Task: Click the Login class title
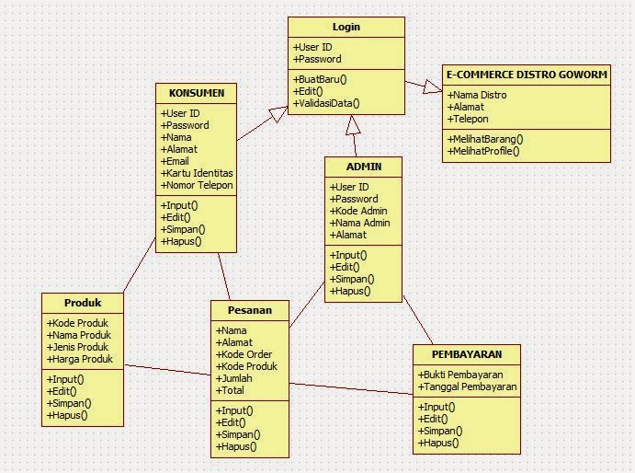tap(346, 27)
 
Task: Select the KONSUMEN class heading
tap(197, 93)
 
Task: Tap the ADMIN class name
tap(363, 167)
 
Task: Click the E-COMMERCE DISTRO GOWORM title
tap(526, 74)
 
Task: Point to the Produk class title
tap(82, 303)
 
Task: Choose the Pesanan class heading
tap(249, 310)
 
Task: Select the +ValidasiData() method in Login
tap(326, 104)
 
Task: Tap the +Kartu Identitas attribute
tap(197, 173)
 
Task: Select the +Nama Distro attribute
tap(478, 95)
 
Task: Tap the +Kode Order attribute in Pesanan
tap(244, 354)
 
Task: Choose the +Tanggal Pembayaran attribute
tap(468, 387)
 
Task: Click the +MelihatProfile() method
tap(483, 150)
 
